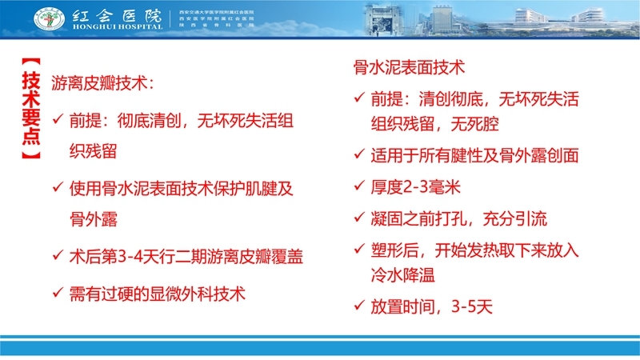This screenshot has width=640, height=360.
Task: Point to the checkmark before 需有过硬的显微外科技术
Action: (x=57, y=293)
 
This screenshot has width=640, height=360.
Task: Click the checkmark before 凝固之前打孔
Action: (x=360, y=218)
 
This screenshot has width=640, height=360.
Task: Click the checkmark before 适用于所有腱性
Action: (x=360, y=155)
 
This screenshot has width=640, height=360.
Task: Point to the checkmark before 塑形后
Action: (x=360, y=249)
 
